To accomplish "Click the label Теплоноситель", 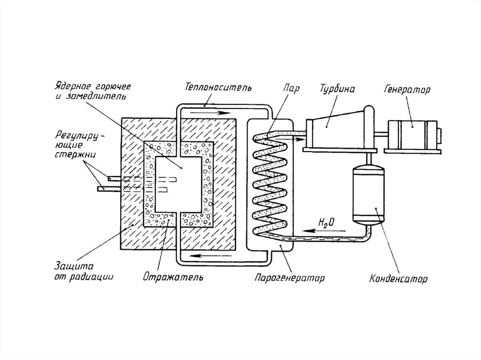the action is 218,87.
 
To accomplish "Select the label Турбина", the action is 337,89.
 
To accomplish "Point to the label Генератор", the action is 407,90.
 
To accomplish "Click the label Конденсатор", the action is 398,279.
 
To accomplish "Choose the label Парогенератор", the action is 289,278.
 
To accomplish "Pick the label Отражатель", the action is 173,277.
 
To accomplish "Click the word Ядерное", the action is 73,86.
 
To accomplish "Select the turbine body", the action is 339,129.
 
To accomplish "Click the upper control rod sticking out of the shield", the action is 116,178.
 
